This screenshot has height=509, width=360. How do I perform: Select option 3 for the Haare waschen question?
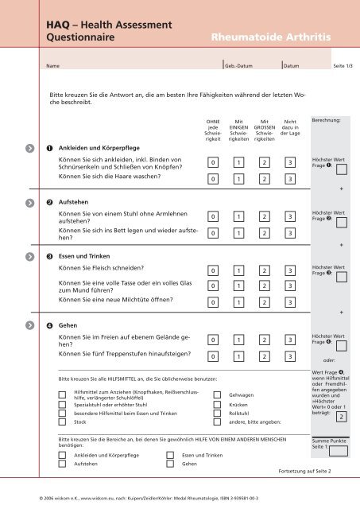291,179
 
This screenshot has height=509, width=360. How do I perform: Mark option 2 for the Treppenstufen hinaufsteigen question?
265,357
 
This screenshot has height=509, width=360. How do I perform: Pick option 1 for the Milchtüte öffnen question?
238,302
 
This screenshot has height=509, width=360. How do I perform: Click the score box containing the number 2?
340,417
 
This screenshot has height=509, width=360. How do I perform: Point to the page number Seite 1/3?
343,66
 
